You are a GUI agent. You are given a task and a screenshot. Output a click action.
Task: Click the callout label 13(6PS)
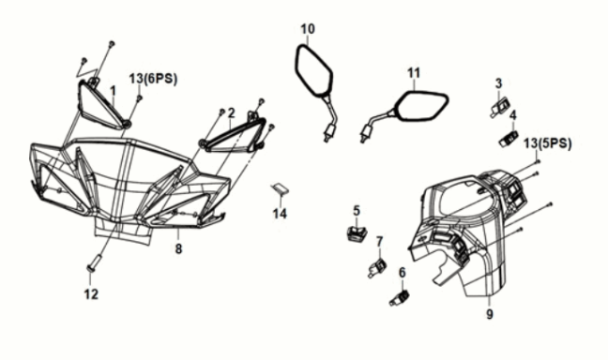[x=153, y=79]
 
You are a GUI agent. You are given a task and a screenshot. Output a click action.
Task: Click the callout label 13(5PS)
[x=548, y=143]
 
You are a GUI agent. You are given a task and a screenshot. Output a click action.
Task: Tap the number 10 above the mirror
[x=309, y=29]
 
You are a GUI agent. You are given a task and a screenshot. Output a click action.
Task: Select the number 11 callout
[x=414, y=72]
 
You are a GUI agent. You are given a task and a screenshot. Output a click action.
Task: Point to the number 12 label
[x=92, y=294]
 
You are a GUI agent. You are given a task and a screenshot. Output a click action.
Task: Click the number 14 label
[x=280, y=213]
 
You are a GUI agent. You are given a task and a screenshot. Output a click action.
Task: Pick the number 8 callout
[x=178, y=248]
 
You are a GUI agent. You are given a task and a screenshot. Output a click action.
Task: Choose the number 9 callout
[x=490, y=314]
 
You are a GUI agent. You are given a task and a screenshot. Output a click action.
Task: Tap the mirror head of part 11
[x=421, y=105]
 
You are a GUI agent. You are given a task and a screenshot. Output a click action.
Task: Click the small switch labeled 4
[x=509, y=139]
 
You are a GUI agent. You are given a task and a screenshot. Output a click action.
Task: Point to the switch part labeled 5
[x=357, y=233]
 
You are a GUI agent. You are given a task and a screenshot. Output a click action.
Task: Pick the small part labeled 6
[x=400, y=298]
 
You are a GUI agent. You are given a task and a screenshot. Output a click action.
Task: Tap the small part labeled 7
[x=377, y=267]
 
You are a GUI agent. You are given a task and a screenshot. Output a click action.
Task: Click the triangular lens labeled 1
[x=101, y=105]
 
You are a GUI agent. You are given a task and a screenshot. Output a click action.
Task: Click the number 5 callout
[x=357, y=211]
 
